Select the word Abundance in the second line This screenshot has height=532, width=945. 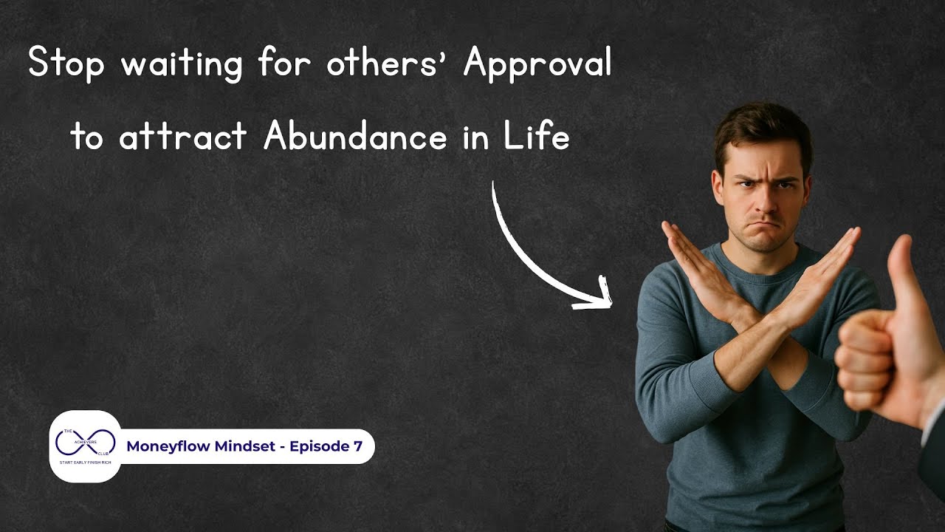tap(355, 137)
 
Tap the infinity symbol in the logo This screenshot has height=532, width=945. tap(85, 443)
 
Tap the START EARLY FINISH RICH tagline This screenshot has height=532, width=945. tap(85, 463)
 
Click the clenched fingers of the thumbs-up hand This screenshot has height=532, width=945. tap(860, 362)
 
